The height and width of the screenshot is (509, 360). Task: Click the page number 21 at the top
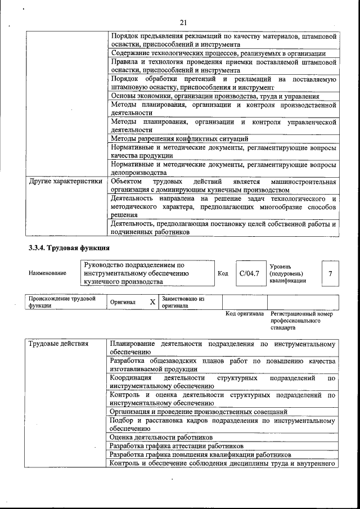point(183,22)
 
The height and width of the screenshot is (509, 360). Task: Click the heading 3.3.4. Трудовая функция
point(69,247)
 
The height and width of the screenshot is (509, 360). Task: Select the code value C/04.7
point(249,273)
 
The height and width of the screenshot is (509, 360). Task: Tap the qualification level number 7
point(330,273)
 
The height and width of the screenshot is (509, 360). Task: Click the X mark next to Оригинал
point(152,302)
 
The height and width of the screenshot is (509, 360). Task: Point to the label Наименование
point(47,273)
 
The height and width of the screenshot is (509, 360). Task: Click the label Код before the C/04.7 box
point(222,273)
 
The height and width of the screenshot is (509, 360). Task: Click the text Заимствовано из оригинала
point(183,302)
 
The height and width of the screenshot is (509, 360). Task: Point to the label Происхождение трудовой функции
point(62,302)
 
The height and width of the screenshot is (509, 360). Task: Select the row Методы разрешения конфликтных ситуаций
point(179,138)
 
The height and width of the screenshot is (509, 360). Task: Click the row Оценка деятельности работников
point(161,437)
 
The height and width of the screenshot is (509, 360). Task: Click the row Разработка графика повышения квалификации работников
point(200,454)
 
